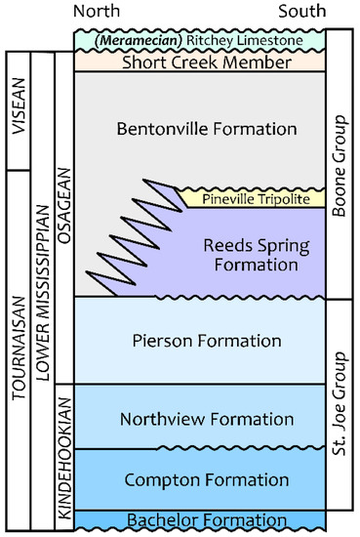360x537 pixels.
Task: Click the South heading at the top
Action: pos(302,12)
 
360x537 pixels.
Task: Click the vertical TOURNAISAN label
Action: pos(17,342)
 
